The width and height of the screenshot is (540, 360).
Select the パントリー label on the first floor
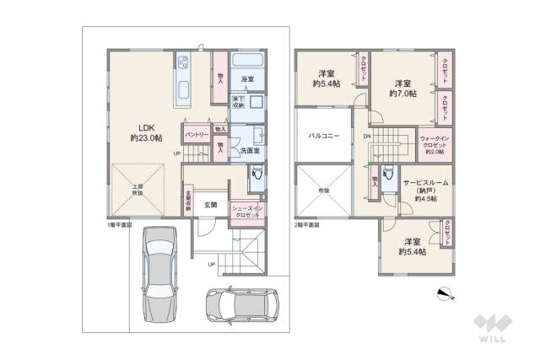click(x=197, y=134)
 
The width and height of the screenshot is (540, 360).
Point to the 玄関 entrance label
click(x=210, y=205)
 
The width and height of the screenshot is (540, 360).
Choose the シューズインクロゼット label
click(x=248, y=211)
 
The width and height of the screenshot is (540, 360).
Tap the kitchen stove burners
click(x=183, y=62)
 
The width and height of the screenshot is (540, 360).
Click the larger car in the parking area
click(x=159, y=273)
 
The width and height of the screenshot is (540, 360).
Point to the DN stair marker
click(x=367, y=136)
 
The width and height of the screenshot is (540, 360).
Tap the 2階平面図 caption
click(x=309, y=226)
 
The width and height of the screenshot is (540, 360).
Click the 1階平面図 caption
click(x=119, y=226)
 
